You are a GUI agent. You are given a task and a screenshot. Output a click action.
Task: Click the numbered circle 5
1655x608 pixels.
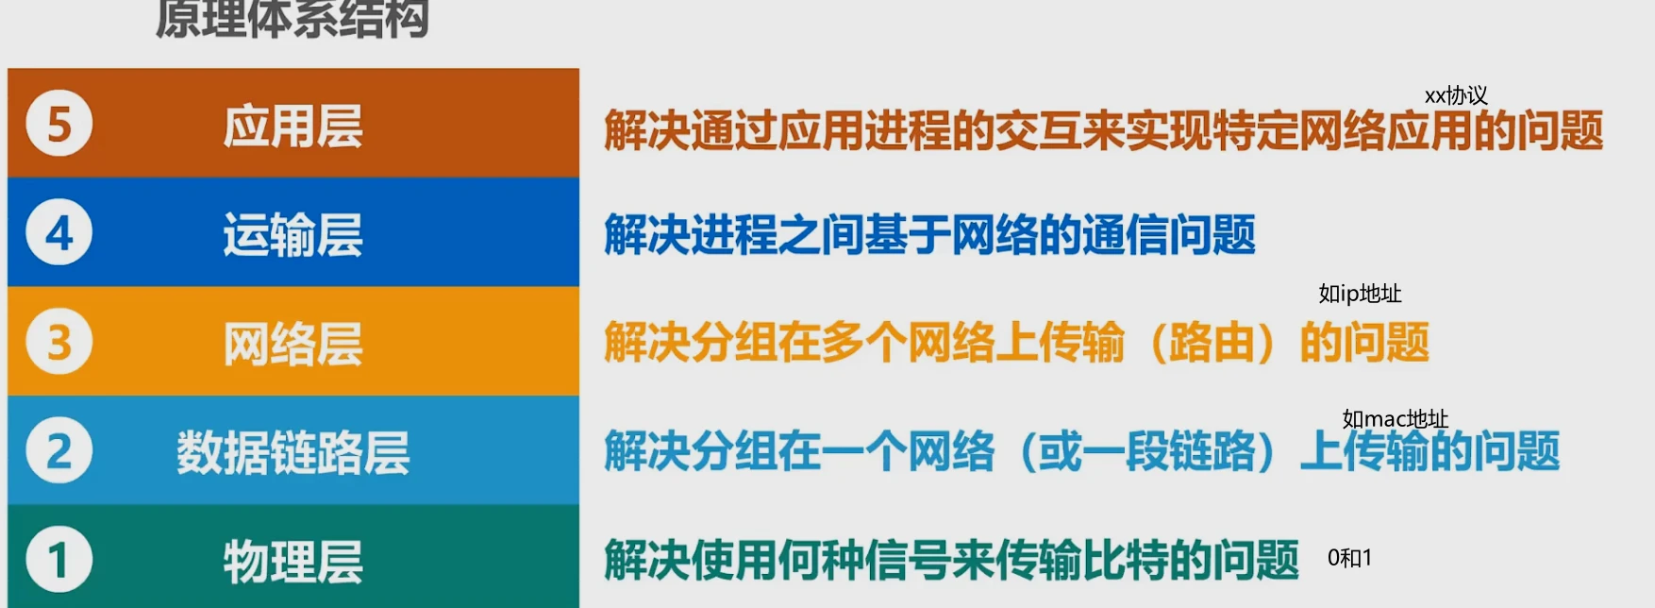click(x=59, y=124)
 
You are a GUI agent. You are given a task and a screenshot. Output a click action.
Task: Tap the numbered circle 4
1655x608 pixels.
click(x=59, y=232)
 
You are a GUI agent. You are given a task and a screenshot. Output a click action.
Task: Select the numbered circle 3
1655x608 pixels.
click(x=59, y=342)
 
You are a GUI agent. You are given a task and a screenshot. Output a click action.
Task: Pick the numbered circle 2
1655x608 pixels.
click(x=59, y=450)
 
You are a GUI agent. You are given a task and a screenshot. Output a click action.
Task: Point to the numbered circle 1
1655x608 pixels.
click(x=59, y=560)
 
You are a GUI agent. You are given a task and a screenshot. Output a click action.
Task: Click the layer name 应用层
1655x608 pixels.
click(x=293, y=127)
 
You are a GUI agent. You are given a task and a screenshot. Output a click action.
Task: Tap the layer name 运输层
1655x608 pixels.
click(x=293, y=235)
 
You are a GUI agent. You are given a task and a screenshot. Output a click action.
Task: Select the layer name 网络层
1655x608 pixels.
click(x=293, y=344)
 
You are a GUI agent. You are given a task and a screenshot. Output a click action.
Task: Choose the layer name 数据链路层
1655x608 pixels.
click(x=293, y=452)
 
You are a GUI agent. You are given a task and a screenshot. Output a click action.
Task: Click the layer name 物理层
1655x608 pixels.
click(x=293, y=562)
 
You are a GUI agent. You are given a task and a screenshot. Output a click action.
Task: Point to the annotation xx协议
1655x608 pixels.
click(x=1456, y=95)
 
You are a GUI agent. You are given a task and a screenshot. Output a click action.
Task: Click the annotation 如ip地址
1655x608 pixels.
click(x=1360, y=294)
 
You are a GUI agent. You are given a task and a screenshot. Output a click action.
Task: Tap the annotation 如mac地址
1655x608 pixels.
click(x=1395, y=418)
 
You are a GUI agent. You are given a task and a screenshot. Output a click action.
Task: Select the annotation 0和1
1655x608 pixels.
click(x=1349, y=558)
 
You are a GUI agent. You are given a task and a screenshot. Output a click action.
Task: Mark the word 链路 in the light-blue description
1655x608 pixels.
click(x=1212, y=451)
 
